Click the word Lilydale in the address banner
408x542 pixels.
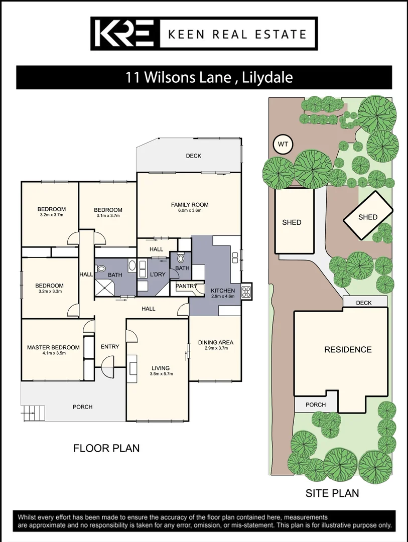click(x=267, y=78)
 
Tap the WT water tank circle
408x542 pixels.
click(x=283, y=145)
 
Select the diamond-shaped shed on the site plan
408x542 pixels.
click(x=367, y=217)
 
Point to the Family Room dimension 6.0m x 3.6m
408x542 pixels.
click(x=189, y=211)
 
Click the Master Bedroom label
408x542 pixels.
click(x=53, y=347)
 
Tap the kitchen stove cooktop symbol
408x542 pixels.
click(x=246, y=292)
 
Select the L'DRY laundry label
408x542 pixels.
click(x=158, y=274)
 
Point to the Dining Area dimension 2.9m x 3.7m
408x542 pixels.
click(x=216, y=349)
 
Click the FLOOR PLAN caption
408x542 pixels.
click(x=106, y=448)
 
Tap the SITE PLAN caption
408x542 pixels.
click(x=332, y=493)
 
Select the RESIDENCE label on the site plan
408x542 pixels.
click(x=348, y=349)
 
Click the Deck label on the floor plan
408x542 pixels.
click(x=193, y=156)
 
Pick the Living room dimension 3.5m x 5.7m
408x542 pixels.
click(x=161, y=374)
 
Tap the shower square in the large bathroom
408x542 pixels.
click(x=106, y=288)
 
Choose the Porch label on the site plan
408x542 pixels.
click(x=315, y=404)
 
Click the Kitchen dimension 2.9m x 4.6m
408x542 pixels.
click(x=223, y=297)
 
